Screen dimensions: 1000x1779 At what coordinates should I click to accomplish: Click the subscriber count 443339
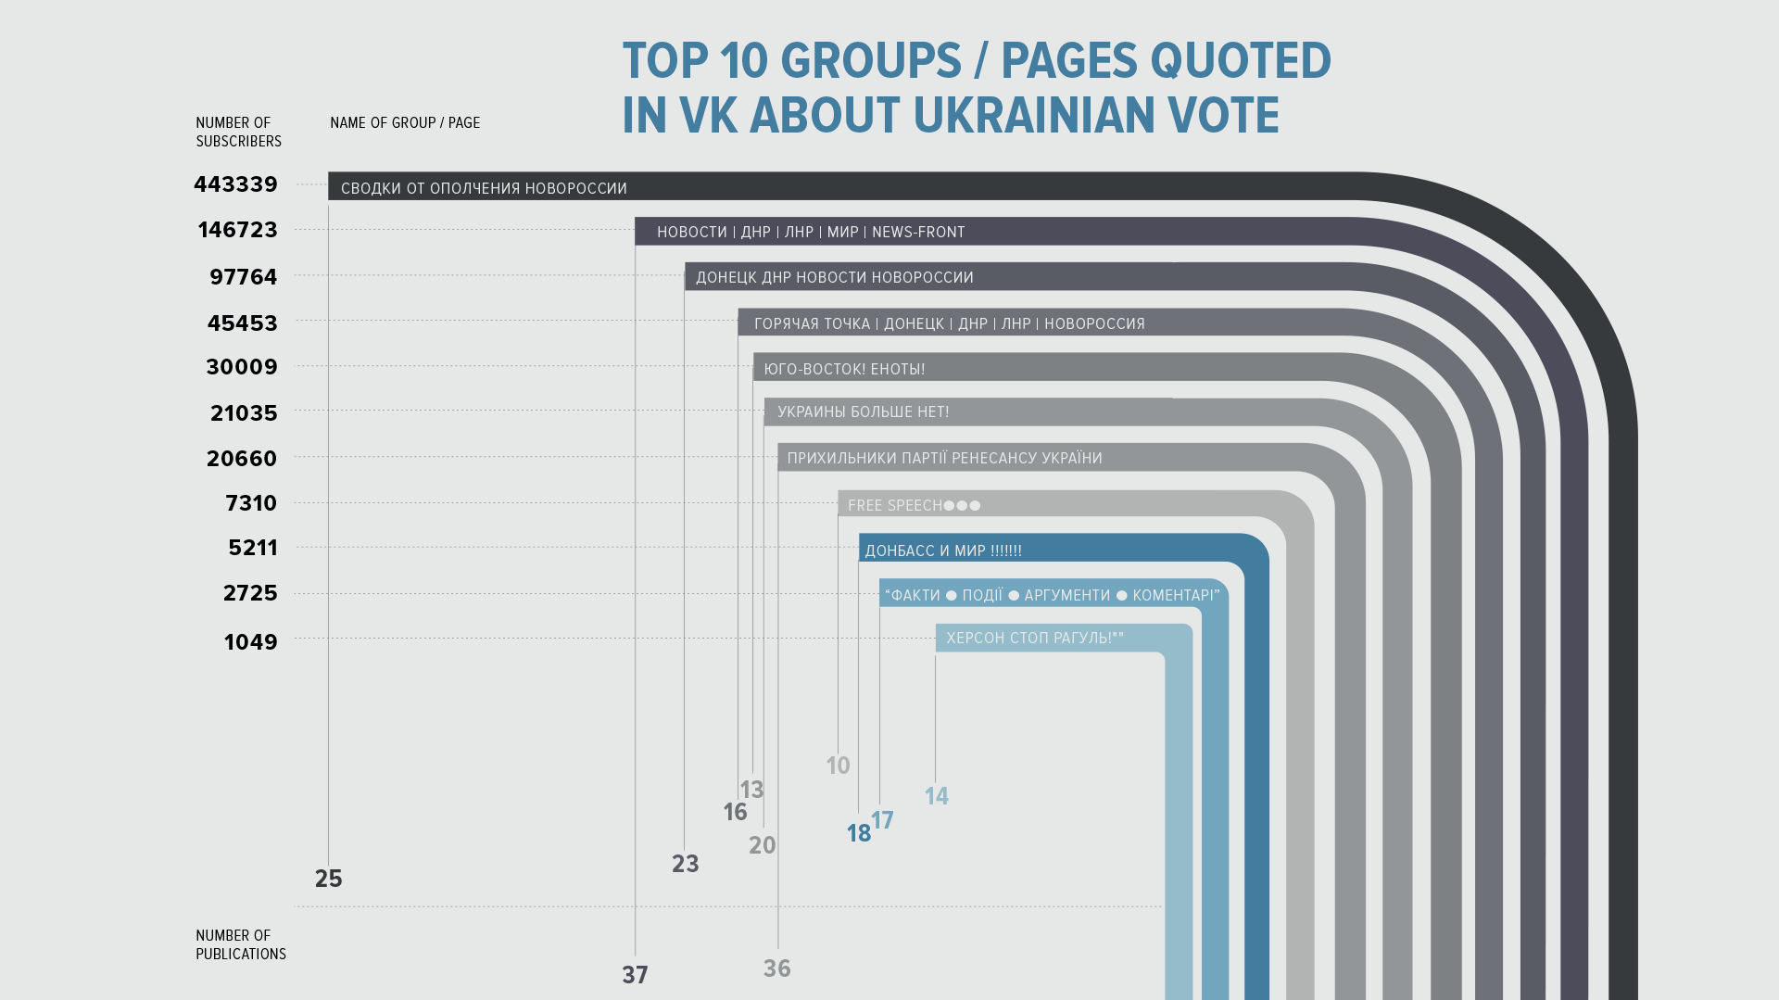click(235, 184)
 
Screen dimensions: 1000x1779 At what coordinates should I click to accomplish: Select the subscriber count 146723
click(237, 230)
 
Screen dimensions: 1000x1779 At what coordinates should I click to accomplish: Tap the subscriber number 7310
click(251, 503)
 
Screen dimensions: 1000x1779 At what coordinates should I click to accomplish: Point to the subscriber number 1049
click(250, 642)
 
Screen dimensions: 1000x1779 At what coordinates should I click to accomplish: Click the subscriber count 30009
click(242, 367)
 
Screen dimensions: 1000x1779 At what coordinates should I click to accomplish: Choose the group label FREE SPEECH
click(894, 505)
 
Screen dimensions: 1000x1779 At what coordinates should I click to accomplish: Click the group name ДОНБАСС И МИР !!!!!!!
click(943, 551)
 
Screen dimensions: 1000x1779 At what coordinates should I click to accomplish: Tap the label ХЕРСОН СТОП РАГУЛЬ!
click(1034, 638)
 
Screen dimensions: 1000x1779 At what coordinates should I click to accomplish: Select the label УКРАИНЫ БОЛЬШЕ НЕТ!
click(863, 411)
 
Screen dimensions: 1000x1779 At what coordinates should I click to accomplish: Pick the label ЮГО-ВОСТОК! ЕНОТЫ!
click(844, 369)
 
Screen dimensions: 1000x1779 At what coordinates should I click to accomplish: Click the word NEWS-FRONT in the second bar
click(918, 232)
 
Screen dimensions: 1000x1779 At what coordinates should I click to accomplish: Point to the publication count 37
click(635, 975)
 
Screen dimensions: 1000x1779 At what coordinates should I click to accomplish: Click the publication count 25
click(329, 879)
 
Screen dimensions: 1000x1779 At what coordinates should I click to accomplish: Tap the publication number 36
click(776, 968)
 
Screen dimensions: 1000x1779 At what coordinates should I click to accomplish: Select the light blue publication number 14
click(936, 796)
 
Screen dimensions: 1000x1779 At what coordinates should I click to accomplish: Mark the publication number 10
click(838, 766)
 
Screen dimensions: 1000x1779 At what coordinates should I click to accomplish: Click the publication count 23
click(685, 864)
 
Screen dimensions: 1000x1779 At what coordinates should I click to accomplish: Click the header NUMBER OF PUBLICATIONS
click(240, 944)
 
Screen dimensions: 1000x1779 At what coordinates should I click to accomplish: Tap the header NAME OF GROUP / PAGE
click(405, 122)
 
